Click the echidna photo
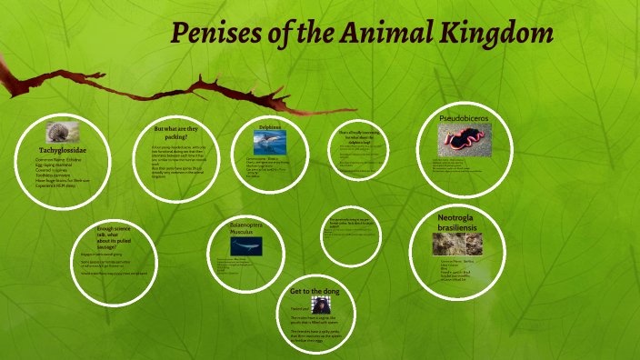click(x=63, y=133)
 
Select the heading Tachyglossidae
click(x=63, y=149)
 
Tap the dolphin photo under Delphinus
click(x=270, y=141)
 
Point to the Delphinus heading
click(x=270, y=127)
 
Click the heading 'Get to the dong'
click(x=314, y=291)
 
